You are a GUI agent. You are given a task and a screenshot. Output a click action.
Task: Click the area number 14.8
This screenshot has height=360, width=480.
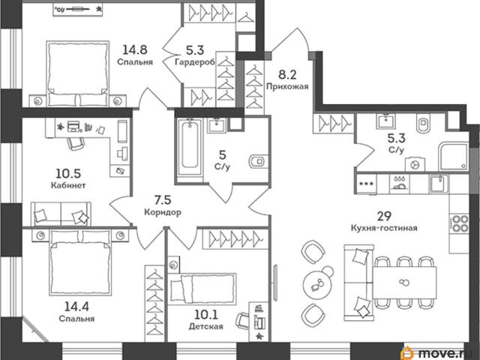point(135,49)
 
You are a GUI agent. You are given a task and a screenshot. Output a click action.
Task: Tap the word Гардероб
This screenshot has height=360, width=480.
point(195,62)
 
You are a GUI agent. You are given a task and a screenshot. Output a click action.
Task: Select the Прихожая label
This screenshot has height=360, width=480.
point(287,86)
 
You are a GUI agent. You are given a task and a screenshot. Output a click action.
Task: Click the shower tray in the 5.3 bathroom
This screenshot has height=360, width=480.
point(453,157)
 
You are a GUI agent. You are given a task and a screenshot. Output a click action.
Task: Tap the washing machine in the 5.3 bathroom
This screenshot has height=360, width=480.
point(415,164)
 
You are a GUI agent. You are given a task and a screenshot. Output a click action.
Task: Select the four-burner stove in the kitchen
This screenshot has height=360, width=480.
point(459,223)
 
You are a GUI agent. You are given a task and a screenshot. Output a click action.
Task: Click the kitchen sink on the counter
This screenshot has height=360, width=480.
point(439,183)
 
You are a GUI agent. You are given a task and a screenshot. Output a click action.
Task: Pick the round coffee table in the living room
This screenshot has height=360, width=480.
point(317,284)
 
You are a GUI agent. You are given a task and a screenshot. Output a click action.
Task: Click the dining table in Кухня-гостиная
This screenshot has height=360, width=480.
point(405,283)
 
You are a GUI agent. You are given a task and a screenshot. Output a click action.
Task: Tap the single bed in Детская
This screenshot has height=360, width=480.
point(202,288)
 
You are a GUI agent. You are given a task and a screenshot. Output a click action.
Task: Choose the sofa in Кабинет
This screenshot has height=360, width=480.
point(61,214)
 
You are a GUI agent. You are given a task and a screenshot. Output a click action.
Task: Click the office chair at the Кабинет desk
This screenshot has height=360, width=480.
point(75,143)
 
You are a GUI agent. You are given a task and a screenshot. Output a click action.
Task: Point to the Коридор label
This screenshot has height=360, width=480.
point(163,211)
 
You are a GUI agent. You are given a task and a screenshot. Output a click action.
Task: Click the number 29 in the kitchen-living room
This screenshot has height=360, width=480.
point(384,216)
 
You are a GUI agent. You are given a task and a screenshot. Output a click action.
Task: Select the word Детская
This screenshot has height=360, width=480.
point(205,326)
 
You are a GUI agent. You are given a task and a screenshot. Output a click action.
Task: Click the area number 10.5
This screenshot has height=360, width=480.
point(68,173)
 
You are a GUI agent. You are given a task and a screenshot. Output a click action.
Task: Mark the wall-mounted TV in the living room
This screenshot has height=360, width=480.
point(276,282)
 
